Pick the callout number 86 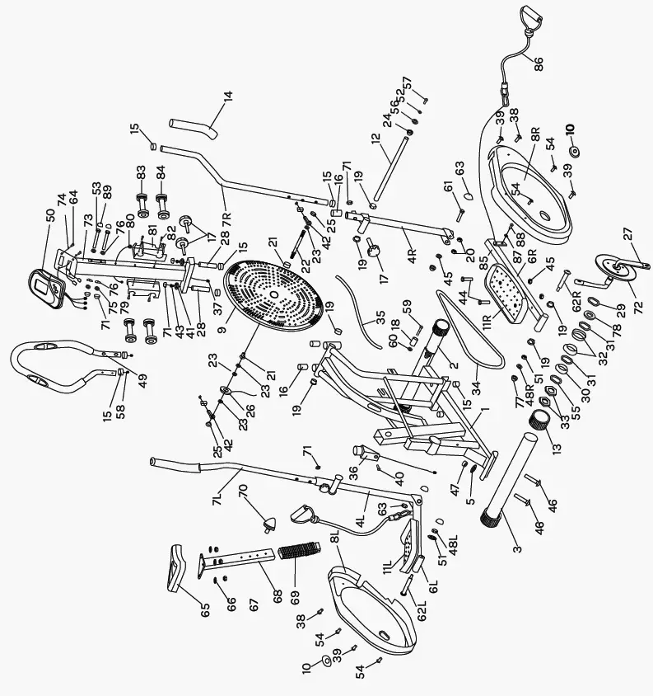539,64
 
